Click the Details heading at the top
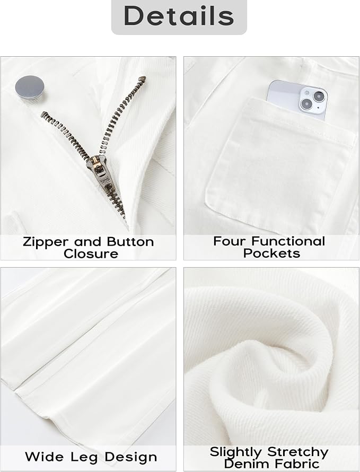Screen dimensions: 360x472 click(179, 15)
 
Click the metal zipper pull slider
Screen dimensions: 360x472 click(101, 170)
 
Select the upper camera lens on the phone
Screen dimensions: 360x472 click(318, 97)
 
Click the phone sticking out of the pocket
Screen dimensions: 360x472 click(297, 100)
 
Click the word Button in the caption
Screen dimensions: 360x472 click(130, 241)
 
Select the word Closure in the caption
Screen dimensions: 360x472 click(91, 254)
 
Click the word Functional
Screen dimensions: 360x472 click(288, 241)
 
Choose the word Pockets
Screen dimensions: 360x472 click(271, 253)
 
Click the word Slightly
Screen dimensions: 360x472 click(236, 452)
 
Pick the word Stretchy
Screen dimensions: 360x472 click(297, 452)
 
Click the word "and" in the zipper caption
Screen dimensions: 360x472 click(87, 242)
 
